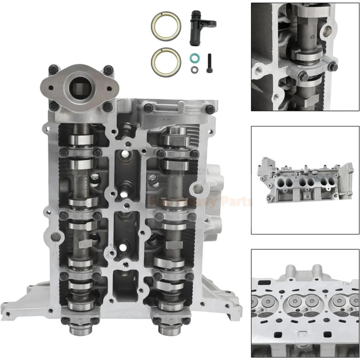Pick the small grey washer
[194, 69]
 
